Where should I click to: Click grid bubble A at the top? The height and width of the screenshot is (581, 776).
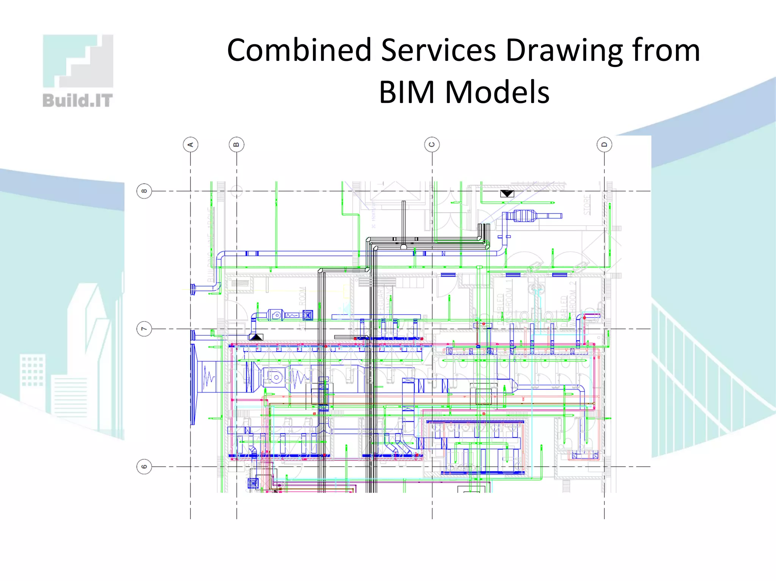[x=191, y=145]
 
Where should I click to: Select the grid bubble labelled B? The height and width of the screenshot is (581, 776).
[x=237, y=145]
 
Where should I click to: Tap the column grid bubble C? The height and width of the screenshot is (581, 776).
[x=432, y=145]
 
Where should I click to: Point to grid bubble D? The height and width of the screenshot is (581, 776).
[x=604, y=145]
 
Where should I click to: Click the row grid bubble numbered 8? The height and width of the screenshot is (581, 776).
[x=144, y=191]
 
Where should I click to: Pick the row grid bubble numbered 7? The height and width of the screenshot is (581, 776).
[x=144, y=329]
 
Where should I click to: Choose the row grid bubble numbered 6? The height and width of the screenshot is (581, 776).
[x=144, y=467]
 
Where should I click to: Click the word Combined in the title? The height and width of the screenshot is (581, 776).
[x=299, y=50]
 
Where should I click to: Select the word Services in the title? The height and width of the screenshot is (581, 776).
[x=438, y=50]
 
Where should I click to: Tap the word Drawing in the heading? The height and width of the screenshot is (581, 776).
[x=564, y=51]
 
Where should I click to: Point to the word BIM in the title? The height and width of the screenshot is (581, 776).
[x=407, y=92]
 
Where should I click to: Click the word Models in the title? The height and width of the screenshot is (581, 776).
[x=497, y=92]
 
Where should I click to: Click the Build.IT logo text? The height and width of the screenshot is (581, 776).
[x=78, y=101]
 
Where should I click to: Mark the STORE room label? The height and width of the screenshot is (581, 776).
[x=587, y=205]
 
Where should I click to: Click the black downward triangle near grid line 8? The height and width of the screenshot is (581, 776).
[x=507, y=194]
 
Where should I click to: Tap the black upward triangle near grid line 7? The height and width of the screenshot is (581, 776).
[x=256, y=336]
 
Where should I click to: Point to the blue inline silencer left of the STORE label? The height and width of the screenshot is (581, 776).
[x=524, y=216]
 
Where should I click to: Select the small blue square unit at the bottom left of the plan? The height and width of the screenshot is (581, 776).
[x=253, y=483]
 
